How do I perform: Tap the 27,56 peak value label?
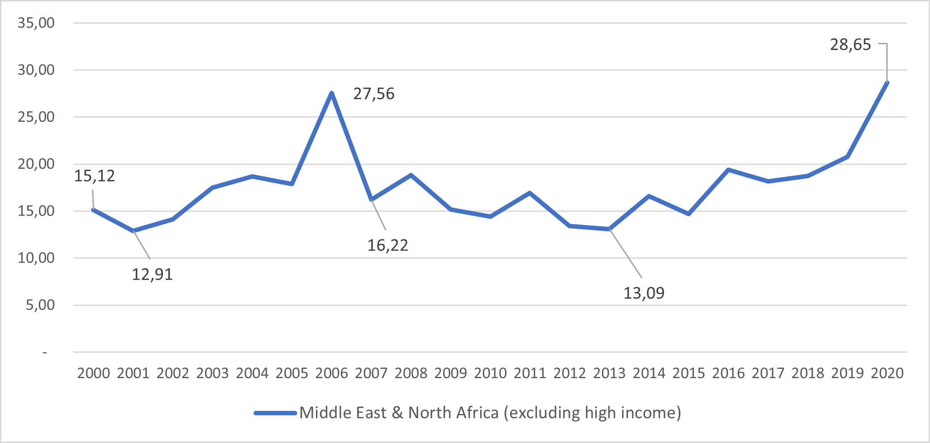point(374,94)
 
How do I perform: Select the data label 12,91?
point(152,274)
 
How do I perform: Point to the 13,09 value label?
point(644,293)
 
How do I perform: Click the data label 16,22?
point(387,245)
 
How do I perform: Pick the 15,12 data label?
point(94,176)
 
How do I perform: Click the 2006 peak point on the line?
point(332,93)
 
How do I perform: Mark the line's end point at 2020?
point(887,83)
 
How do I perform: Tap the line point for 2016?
point(728,170)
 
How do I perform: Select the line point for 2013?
point(610,229)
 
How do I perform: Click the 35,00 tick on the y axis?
point(36,23)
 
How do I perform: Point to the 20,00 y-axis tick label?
point(36,164)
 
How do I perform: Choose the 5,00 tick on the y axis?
point(40,305)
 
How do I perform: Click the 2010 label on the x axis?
point(490,373)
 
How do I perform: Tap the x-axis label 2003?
point(212,373)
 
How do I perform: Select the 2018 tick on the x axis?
point(807,373)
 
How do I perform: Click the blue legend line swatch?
point(275,413)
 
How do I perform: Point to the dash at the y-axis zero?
point(45,353)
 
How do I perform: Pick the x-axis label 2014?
point(649,373)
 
